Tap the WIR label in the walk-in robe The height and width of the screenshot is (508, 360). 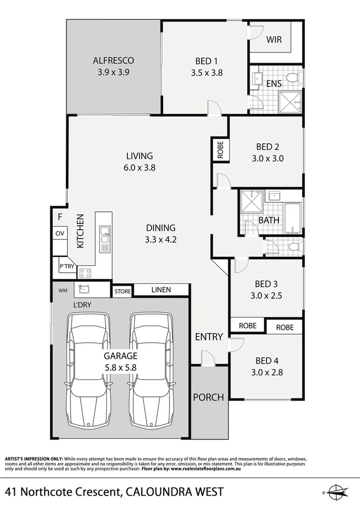pos(274,40)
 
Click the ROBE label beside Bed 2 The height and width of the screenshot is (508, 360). pos(220,149)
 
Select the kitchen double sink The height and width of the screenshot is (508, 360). pos(105,239)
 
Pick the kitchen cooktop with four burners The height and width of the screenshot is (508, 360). pos(85,273)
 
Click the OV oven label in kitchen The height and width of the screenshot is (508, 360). pos(59,234)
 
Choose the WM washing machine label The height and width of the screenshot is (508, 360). pos(63,290)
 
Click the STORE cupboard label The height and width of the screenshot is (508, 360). pos(122,291)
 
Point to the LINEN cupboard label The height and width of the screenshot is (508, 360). pos(161,290)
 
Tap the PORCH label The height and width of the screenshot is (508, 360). pos(209,397)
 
